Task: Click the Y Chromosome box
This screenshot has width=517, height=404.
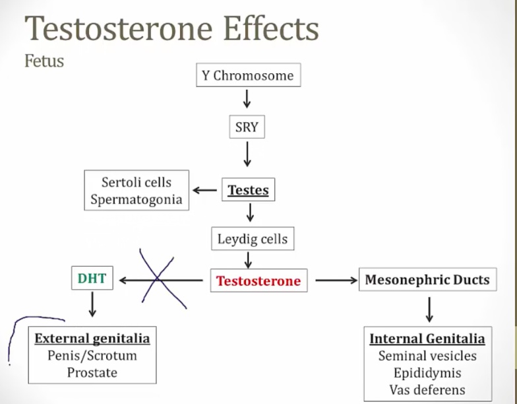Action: pyautogui.click(x=247, y=75)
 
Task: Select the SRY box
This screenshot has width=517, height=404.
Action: pyautogui.click(x=247, y=127)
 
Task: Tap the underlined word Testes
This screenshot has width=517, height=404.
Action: pyautogui.click(x=248, y=191)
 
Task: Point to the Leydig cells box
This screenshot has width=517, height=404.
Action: pyautogui.click(x=253, y=238)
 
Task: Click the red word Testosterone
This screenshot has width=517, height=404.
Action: pyautogui.click(x=258, y=281)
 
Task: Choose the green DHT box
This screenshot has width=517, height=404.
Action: pyautogui.click(x=92, y=279)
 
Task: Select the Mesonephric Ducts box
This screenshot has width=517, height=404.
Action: pyautogui.click(x=427, y=280)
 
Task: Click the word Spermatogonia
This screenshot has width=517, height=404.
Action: pyautogui.click(x=137, y=199)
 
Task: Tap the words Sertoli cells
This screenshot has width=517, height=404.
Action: pyautogui.click(x=137, y=182)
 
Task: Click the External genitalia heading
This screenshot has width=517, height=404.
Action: pyautogui.click(x=92, y=339)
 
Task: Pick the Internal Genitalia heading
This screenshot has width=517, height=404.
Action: pyautogui.click(x=427, y=339)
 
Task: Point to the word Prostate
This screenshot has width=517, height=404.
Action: pyautogui.click(x=92, y=372)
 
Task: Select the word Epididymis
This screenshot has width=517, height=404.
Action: pyautogui.click(x=427, y=373)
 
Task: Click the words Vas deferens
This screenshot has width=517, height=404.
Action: pyautogui.click(x=427, y=389)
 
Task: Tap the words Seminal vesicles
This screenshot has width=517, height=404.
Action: pyautogui.click(x=427, y=356)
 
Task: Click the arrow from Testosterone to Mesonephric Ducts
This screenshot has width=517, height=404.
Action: pyautogui.click(x=336, y=281)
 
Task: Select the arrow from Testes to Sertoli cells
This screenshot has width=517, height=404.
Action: pyautogui.click(x=204, y=191)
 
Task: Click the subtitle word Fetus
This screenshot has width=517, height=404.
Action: pyautogui.click(x=44, y=61)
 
